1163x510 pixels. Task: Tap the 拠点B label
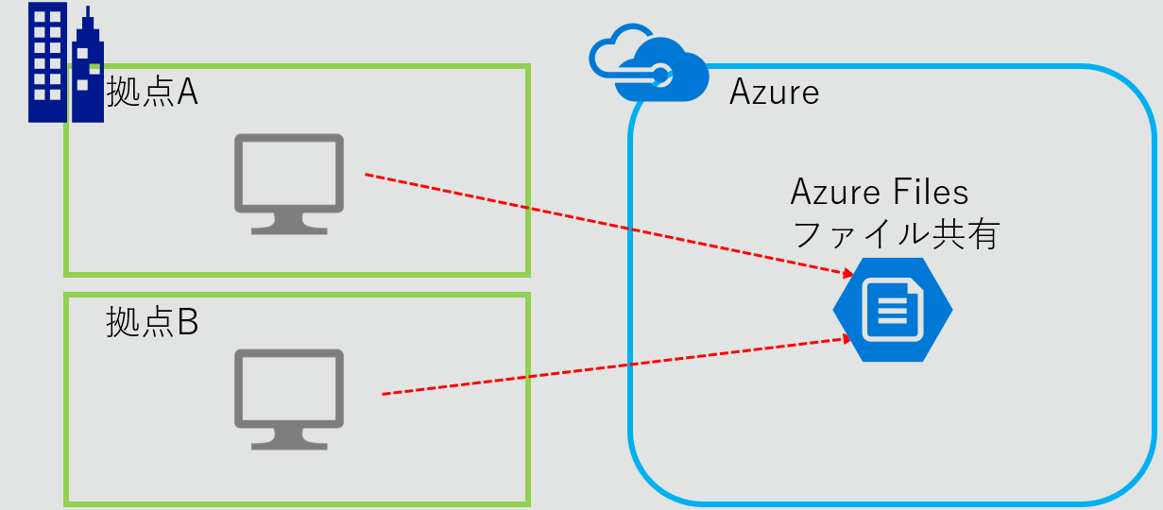click(x=152, y=321)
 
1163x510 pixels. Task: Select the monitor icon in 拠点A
click(x=289, y=183)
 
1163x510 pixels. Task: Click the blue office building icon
click(x=64, y=63)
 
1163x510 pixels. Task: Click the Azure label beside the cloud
click(x=774, y=93)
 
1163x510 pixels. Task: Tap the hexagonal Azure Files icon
click(x=893, y=309)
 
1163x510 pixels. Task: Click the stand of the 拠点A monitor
click(x=289, y=224)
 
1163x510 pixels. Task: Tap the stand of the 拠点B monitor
click(x=289, y=440)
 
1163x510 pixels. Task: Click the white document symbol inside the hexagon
click(x=893, y=309)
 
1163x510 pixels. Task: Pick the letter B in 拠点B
click(x=187, y=322)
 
